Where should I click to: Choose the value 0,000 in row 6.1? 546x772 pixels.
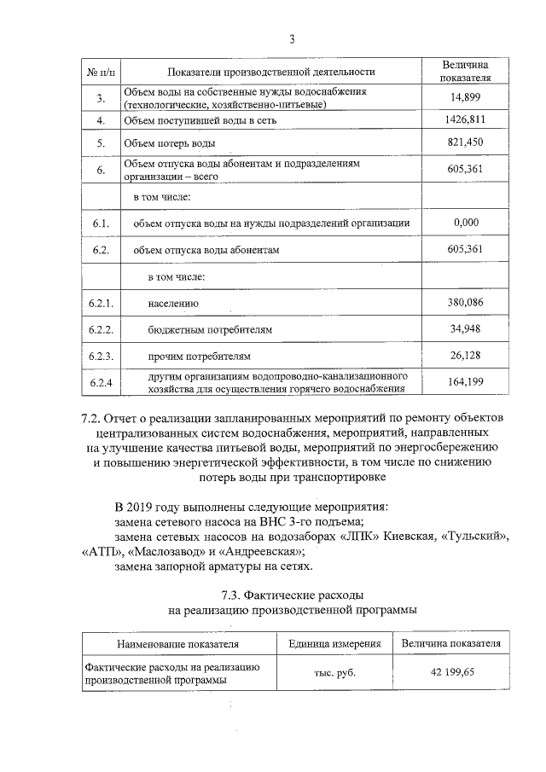pyautogui.click(x=466, y=223)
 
